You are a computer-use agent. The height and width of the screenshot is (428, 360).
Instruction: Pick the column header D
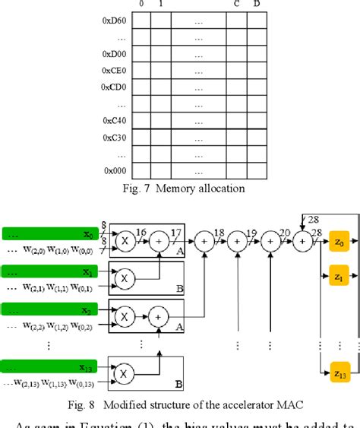256,5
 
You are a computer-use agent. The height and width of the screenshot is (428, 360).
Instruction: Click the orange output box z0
339,241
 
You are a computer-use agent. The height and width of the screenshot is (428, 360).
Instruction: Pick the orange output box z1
339,279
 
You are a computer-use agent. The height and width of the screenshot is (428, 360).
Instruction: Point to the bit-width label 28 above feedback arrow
313,220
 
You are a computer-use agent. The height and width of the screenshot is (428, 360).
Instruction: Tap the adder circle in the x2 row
159,312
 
